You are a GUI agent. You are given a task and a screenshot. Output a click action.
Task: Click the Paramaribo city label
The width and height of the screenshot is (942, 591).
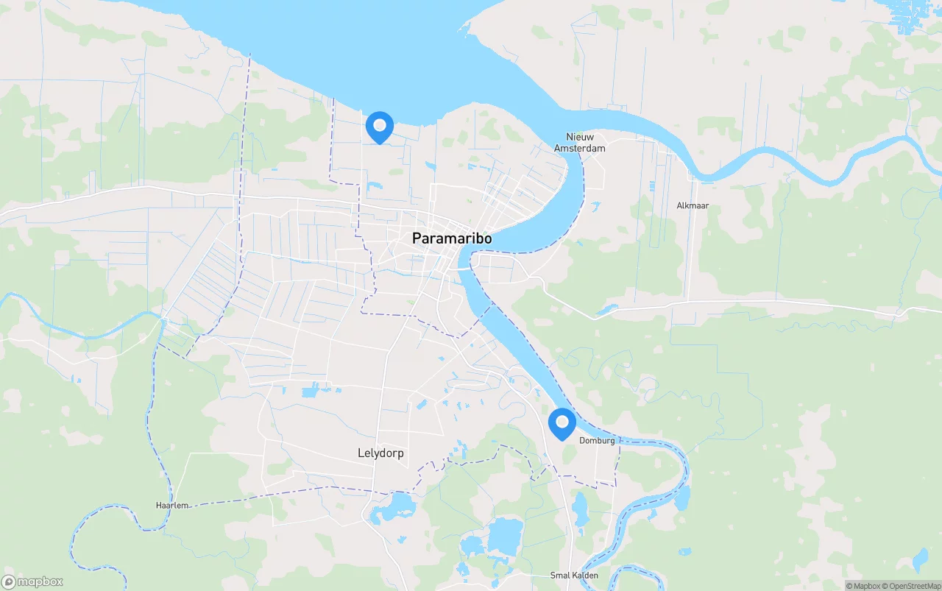[452, 238]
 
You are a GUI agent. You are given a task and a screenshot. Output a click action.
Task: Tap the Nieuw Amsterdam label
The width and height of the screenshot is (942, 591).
[580, 143]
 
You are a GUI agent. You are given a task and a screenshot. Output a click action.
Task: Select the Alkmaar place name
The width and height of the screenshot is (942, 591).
[693, 206]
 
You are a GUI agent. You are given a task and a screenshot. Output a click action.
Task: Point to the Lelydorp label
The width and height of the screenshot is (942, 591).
[380, 453]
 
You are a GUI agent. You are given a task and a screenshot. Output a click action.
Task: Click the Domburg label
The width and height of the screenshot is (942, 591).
[597, 441]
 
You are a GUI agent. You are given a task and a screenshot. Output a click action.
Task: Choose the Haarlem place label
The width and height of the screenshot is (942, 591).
[172, 506]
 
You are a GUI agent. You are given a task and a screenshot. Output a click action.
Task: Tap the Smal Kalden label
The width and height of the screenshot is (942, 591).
[574, 576]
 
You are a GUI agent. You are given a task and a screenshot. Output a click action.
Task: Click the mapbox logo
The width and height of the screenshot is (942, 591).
[32, 581]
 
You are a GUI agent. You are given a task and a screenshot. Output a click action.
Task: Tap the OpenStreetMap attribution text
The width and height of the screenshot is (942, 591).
[913, 586]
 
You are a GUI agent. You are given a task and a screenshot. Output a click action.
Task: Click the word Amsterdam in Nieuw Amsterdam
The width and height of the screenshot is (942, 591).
[580, 148]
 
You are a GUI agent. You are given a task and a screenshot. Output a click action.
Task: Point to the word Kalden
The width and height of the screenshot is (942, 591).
[584, 576]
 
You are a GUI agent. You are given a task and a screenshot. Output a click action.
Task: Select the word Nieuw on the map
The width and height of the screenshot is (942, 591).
[580, 137]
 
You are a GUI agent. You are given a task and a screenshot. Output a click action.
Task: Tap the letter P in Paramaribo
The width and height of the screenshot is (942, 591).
[417, 238]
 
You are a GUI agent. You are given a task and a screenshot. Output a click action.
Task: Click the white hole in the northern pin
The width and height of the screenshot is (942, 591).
[380, 124]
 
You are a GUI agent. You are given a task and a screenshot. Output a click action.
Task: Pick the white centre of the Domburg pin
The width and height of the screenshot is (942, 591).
[562, 422]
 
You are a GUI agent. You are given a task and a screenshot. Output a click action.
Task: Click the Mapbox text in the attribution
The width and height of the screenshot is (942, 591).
[865, 586]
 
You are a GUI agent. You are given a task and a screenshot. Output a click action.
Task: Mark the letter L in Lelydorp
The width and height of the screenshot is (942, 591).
[361, 453]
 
